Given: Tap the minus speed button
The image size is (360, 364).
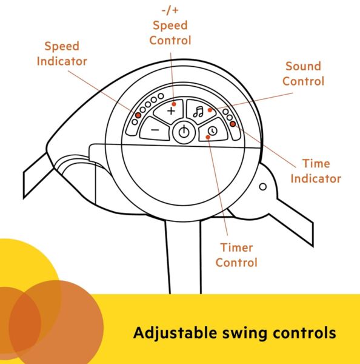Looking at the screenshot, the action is coord(155,129).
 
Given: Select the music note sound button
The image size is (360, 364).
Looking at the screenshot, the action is coord(200,112).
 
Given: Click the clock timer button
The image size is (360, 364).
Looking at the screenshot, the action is coord(213,130).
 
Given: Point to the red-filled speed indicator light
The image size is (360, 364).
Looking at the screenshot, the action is coord(138,115).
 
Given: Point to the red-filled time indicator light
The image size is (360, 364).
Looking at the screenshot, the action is coord(233,124).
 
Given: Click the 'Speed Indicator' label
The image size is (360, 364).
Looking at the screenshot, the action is coord(62,53).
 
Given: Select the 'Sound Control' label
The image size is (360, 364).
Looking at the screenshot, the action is coord(304,73).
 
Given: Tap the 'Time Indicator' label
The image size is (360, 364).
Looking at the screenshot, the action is coord(316,171).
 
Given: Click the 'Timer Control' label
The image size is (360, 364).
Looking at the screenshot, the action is coord(236,255).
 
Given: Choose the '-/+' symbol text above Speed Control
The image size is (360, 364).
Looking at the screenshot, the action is coord(170,10).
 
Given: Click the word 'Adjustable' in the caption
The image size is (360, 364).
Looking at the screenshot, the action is coord(175,333).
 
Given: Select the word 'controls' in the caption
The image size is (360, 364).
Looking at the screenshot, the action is coord(304,332).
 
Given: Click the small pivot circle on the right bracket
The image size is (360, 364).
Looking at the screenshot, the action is coord(262,187).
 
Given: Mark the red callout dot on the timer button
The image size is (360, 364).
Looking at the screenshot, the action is coord(208,138).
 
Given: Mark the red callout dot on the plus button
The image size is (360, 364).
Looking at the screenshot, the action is coord(174,104).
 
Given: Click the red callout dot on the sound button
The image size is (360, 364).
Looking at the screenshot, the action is coord(210,110).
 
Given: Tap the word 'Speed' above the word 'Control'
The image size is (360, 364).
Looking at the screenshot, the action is coord(170,25).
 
